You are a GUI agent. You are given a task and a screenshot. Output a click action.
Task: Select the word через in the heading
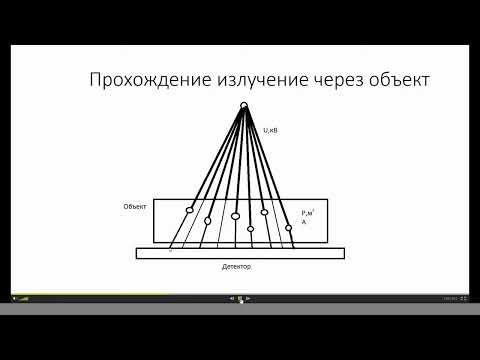click(325, 80)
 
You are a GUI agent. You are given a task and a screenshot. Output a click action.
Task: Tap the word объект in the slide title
click(393, 80)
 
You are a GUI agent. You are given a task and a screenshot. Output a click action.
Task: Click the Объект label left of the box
click(135, 206)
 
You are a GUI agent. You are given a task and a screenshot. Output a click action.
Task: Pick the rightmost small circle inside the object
click(288, 226)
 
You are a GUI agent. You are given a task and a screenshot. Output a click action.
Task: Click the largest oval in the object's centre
click(235, 216)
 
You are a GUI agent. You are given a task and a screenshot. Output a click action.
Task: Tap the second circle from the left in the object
click(208, 220)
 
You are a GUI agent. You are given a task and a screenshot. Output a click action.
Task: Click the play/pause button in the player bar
click(240, 298)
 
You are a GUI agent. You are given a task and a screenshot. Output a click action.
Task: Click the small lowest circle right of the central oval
click(250, 229)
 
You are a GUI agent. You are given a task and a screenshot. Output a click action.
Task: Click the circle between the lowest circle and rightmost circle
click(265, 212)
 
